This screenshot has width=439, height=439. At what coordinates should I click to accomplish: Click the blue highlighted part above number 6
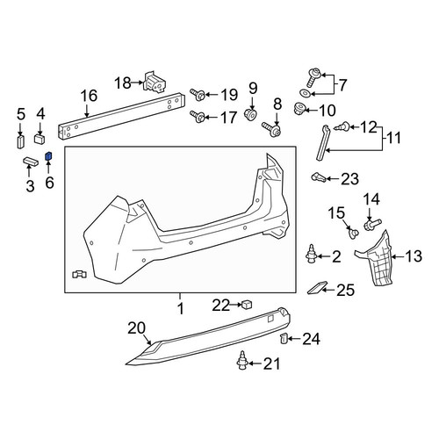(48, 156)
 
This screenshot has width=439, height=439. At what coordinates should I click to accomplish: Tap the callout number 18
(123, 83)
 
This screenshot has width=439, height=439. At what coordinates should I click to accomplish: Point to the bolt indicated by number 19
(198, 95)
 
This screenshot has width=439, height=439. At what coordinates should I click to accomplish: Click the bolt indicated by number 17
(198, 117)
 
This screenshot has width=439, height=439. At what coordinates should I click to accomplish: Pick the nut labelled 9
(250, 114)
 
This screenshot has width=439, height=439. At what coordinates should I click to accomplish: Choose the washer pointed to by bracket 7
(306, 93)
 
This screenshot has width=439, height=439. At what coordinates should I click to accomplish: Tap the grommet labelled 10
(300, 109)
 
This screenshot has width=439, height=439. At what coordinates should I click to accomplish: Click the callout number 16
(89, 96)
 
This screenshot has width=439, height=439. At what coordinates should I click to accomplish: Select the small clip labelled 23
(318, 177)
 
